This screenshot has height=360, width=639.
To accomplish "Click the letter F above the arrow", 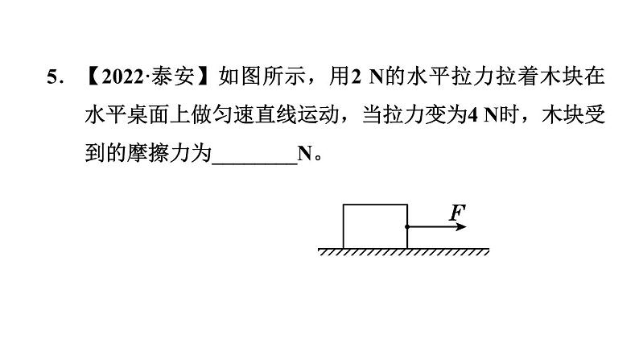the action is [x=456, y=213].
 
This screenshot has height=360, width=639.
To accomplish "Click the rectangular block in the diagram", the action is [x=375, y=226].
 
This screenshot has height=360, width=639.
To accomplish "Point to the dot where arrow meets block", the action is [x=407, y=227].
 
